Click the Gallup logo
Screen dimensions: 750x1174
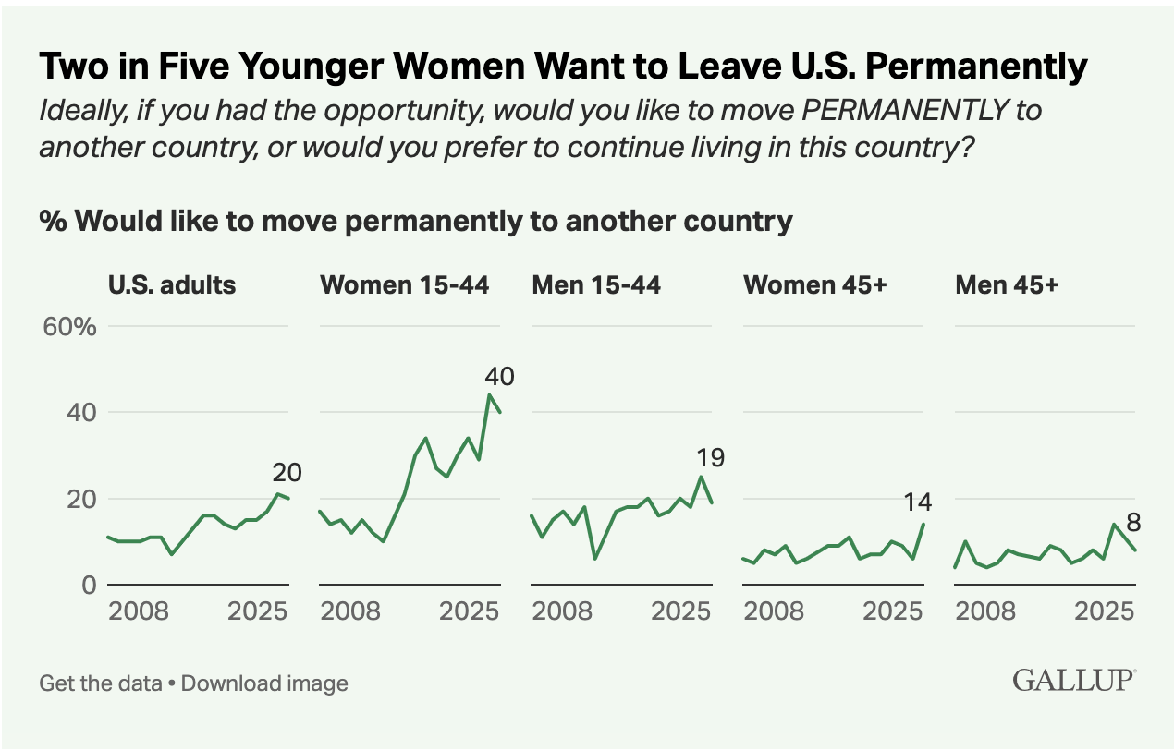point(1074,681)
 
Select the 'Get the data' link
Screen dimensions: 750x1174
point(101,683)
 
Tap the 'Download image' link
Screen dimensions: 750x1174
point(264,683)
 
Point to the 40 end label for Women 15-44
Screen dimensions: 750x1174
point(499,377)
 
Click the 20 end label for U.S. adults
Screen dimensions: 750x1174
point(287,473)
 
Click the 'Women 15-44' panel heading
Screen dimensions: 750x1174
point(404,285)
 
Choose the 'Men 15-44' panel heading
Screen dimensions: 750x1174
point(596,285)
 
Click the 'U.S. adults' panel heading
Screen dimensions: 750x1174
point(172,285)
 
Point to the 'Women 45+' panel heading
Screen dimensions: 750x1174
point(815,285)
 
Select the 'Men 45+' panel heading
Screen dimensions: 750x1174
point(1007,285)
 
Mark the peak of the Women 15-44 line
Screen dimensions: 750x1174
point(489,395)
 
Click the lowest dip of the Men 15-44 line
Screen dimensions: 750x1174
point(594,559)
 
